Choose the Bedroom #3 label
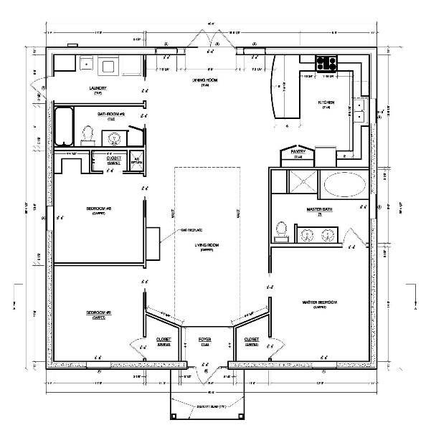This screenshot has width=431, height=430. [x=98, y=209]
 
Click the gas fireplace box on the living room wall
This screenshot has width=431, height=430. [x=153, y=240]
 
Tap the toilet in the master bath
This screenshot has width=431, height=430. [x=281, y=229]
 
